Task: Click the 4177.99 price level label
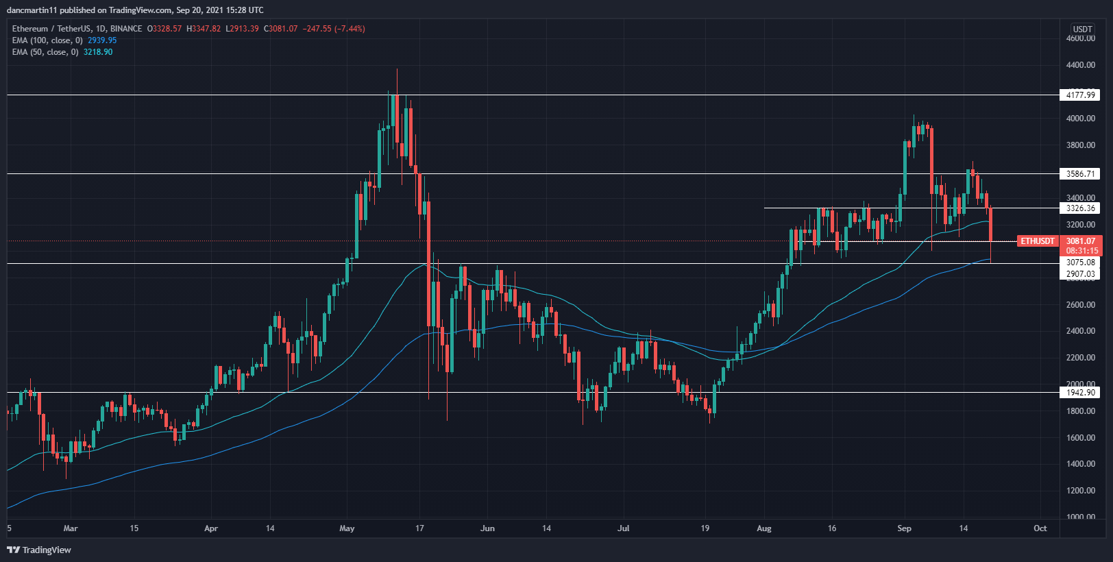click(1080, 95)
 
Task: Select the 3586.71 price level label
click(1080, 174)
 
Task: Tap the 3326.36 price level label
click(1080, 208)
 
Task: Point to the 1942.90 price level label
click(1080, 393)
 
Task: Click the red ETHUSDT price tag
click(1037, 241)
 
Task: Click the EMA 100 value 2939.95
click(102, 40)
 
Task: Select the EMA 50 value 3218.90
click(98, 52)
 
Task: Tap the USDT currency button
click(1082, 29)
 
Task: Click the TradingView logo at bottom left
click(39, 550)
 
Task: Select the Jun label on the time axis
click(487, 528)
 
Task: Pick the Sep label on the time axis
click(904, 528)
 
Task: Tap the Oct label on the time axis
click(1040, 528)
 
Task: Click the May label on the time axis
click(347, 528)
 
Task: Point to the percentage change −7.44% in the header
click(350, 29)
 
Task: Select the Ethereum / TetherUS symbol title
click(51, 29)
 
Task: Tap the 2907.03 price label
click(1080, 274)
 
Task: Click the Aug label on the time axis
click(764, 528)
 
